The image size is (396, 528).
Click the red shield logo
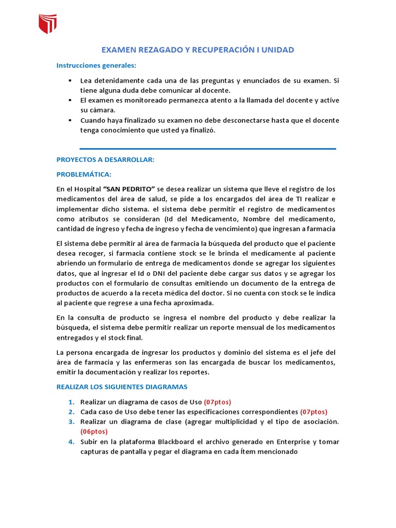48,23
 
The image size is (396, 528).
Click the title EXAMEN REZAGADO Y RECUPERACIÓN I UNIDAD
197,50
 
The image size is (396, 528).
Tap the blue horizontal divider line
208,148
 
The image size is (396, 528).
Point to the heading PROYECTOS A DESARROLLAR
105,160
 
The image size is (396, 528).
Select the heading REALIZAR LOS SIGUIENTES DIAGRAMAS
122,386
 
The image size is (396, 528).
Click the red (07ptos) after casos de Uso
218,402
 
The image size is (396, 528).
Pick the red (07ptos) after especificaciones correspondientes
313,411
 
